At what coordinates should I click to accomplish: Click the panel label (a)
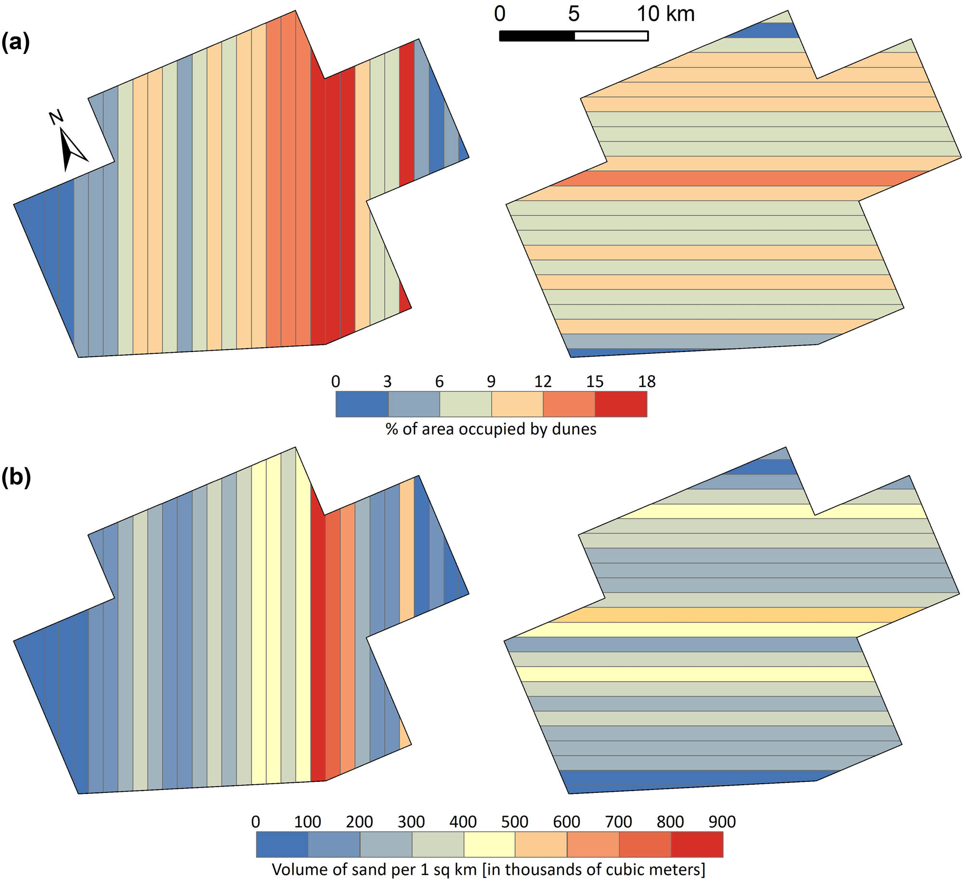(x=15, y=42)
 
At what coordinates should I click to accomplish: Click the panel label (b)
(x=16, y=477)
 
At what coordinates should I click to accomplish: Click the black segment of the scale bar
(x=537, y=36)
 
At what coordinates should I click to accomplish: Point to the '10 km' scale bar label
(x=666, y=14)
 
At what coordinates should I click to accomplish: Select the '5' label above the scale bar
(x=573, y=14)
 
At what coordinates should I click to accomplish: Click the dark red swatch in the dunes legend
(x=621, y=404)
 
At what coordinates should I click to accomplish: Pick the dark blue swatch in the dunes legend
(x=362, y=404)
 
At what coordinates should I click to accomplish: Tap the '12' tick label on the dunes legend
(x=543, y=381)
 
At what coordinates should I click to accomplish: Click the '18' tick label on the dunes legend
(x=647, y=381)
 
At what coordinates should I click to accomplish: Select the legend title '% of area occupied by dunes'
(x=491, y=428)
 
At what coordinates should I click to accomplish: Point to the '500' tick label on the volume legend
(x=515, y=822)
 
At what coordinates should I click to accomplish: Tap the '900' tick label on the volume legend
(x=722, y=822)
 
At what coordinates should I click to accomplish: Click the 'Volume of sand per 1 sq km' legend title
(x=488, y=869)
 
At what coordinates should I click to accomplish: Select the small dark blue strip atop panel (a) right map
(x=766, y=30)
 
